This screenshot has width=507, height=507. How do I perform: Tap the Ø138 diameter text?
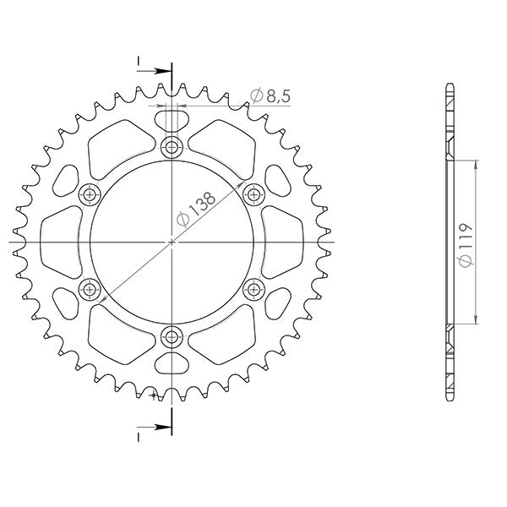click(x=197, y=208)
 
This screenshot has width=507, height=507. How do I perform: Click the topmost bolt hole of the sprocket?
click(x=172, y=148)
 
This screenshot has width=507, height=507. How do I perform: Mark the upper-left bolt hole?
click(x=90, y=195)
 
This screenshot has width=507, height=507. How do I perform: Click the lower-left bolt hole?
click(x=90, y=291)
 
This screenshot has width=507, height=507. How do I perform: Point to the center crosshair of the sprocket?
click(x=172, y=243)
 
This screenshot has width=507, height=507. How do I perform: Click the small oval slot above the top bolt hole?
click(x=172, y=118)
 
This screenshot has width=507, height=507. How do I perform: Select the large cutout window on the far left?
click(x=62, y=243)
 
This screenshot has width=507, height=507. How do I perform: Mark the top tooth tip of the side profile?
click(x=450, y=85)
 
